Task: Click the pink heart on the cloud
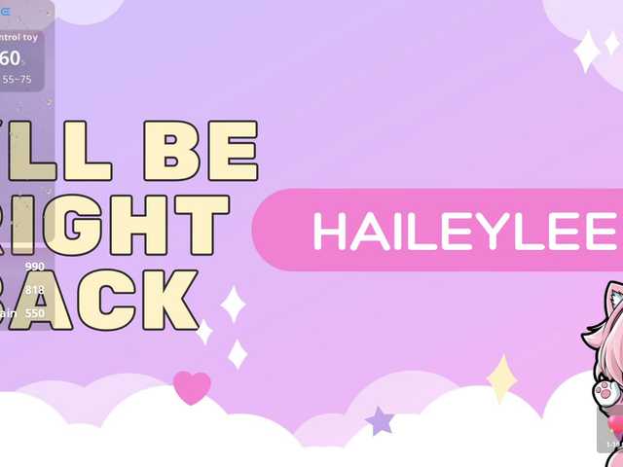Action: coord(192,387)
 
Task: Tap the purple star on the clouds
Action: coord(379,420)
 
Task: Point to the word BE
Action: coord(200,152)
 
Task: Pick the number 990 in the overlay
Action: coord(35,267)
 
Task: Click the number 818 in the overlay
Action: coord(35,289)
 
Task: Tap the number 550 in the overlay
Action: coord(35,312)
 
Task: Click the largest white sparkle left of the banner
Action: coord(233,304)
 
